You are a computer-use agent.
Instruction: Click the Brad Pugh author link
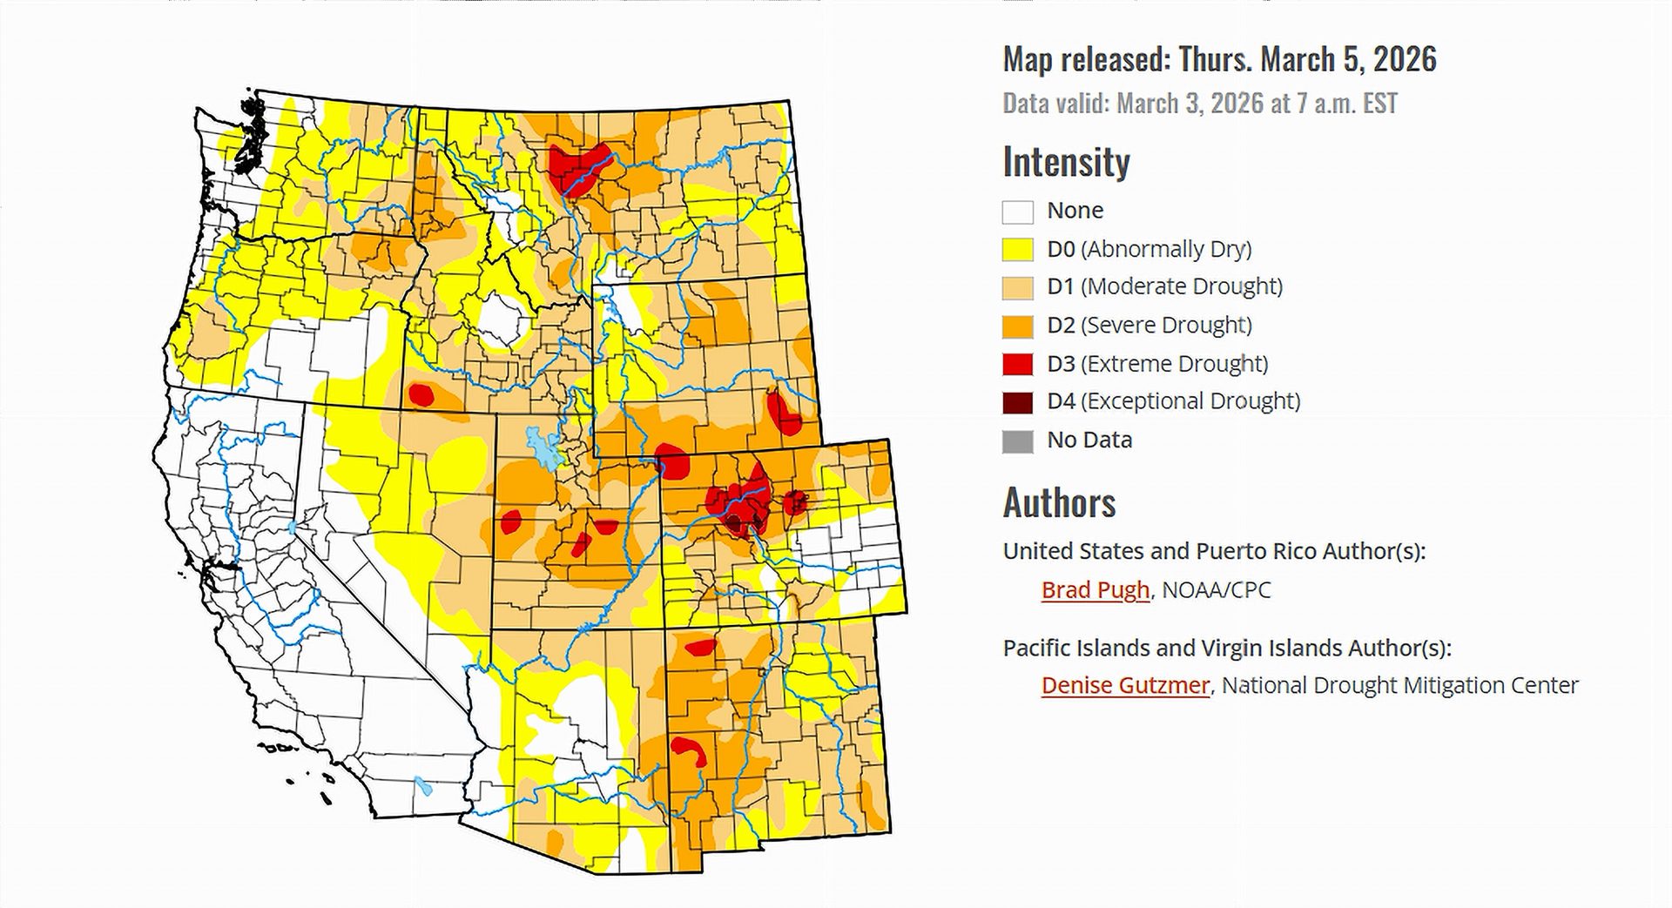coord(1095,590)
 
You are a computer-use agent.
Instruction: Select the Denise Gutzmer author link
coord(1125,686)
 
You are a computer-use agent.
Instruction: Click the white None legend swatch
coord(1017,212)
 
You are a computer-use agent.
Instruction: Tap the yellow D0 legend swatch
coord(1017,250)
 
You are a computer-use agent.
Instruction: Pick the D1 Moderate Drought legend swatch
coord(1017,287)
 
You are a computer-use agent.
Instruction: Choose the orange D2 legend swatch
coord(1017,326)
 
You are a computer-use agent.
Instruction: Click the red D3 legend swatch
coord(1017,364)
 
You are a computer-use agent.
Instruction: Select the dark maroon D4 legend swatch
coord(1017,402)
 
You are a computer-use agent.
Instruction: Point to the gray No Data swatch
coord(1017,441)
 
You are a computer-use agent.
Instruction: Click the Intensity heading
coord(1066,162)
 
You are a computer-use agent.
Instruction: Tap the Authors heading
coord(1059,503)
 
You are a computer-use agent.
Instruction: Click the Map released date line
coord(1219,59)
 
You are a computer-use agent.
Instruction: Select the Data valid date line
coord(1199,104)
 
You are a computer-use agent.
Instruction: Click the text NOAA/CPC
coord(1217,590)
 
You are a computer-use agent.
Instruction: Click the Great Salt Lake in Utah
coord(543,448)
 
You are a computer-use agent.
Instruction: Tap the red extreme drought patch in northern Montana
coord(576,165)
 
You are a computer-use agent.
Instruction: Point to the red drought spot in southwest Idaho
coord(421,394)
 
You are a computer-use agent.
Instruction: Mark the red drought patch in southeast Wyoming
coord(783,413)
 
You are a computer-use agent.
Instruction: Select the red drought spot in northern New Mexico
coord(700,647)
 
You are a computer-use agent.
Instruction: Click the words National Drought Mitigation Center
coord(1399,686)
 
